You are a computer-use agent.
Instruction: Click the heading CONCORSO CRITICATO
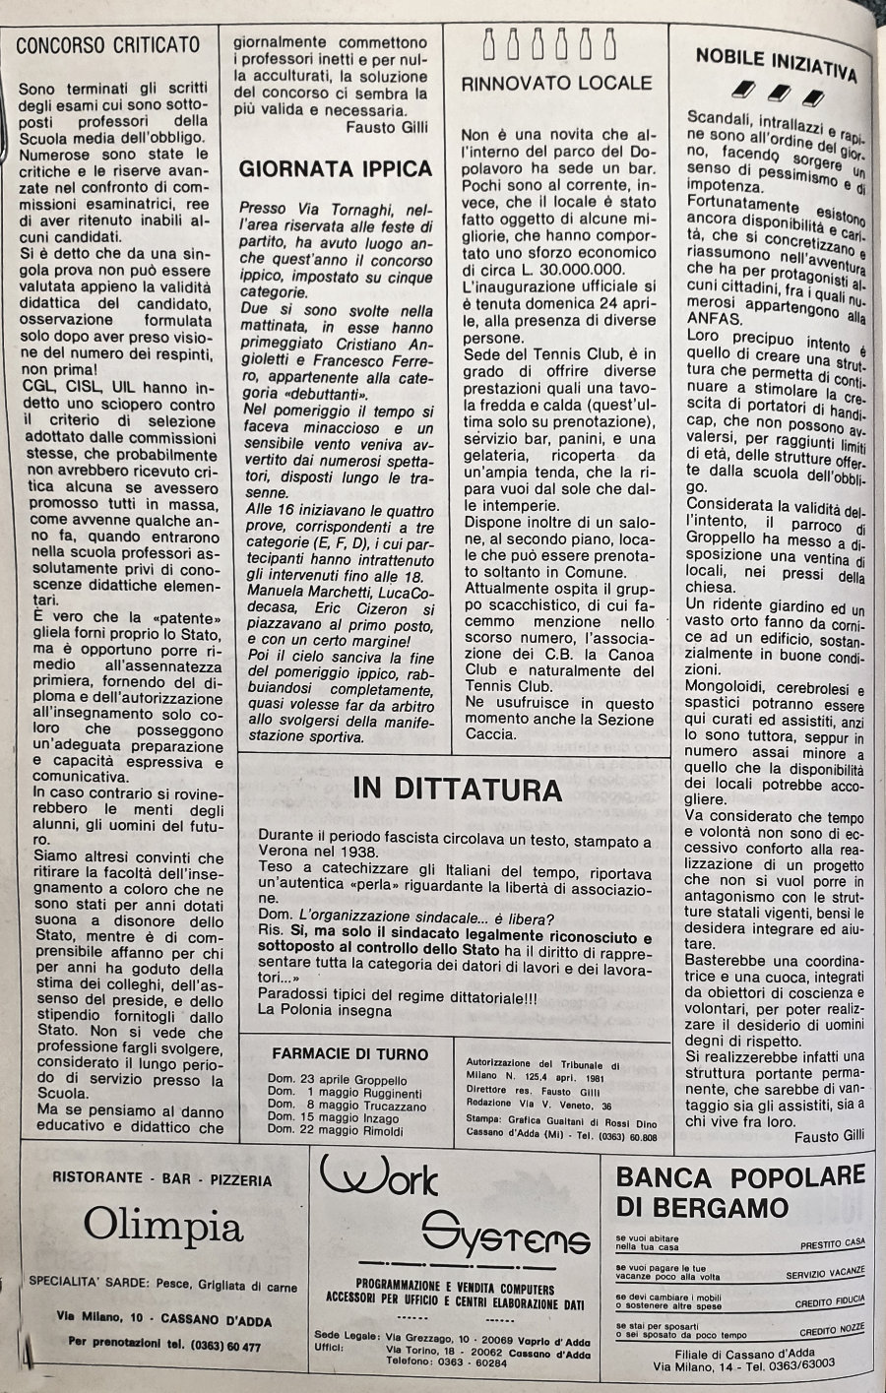108,44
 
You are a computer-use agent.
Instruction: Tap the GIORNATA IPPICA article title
336,168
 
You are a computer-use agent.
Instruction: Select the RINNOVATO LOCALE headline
556,84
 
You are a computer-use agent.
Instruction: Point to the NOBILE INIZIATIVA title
776,65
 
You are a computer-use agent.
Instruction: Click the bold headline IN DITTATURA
458,789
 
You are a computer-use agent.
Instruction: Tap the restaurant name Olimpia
162,1226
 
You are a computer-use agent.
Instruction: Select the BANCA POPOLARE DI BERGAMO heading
740,1190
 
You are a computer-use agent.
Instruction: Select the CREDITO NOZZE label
830,1328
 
